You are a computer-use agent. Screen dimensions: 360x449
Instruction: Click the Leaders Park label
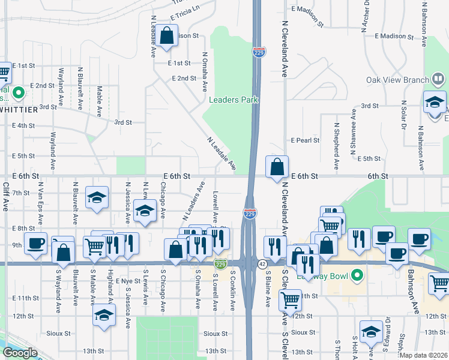point(234,100)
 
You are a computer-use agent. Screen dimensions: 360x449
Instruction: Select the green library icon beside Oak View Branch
point(439,79)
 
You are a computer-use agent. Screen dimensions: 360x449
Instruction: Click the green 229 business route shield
point(221,264)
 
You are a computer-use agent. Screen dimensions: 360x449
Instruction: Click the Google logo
point(20,352)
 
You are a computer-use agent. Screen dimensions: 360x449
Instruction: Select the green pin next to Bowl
point(358,276)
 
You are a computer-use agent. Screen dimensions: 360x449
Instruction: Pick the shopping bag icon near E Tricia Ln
point(168,36)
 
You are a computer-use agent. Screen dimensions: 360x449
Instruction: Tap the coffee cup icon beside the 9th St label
point(36,244)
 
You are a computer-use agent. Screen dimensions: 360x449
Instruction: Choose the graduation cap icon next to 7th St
point(97,199)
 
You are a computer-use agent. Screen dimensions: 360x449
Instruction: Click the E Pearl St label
point(305,140)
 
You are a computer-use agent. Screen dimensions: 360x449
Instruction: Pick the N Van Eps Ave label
point(41,197)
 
